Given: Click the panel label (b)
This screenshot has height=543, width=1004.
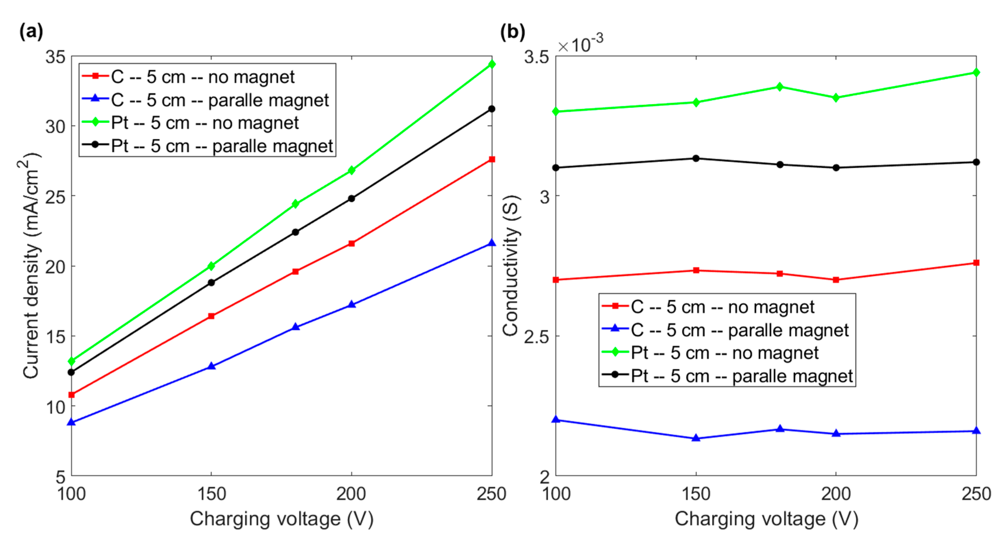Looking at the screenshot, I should (x=512, y=31).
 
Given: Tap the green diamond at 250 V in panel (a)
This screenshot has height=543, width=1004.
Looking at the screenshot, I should (x=491, y=64).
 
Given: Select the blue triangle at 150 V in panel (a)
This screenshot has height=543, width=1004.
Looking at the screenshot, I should (x=211, y=366).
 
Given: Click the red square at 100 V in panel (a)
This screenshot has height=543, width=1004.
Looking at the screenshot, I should (x=71, y=395).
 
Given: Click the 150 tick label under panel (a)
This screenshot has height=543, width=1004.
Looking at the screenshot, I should (x=211, y=494).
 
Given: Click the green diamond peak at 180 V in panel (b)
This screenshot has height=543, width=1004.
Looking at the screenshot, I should (x=779, y=86).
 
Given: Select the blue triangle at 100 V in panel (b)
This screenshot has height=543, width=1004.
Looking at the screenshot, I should (x=556, y=420).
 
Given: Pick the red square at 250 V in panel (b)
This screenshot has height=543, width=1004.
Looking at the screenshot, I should (x=976, y=262).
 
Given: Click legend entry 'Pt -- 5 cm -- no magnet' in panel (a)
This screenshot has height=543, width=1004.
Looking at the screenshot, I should (x=205, y=123).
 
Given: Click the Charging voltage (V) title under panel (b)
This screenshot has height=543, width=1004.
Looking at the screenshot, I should (x=766, y=519).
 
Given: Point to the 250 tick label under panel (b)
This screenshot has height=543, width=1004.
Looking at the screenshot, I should (x=976, y=494).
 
